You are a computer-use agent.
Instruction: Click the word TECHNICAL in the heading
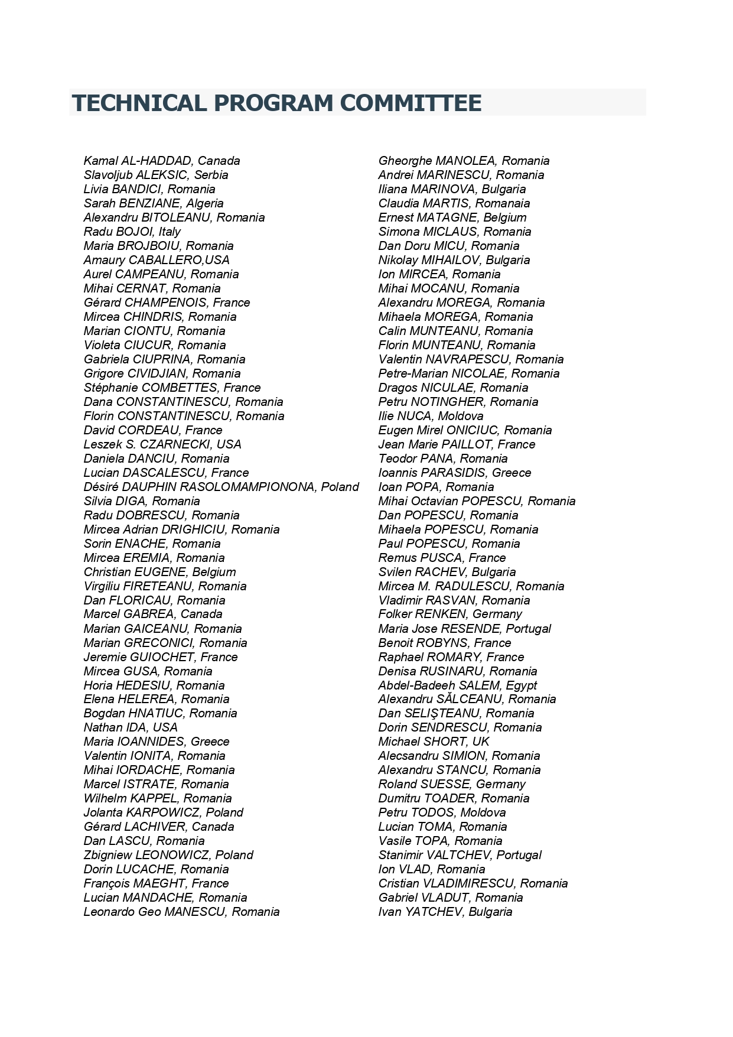(138, 103)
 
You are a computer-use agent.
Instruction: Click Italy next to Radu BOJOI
(169, 232)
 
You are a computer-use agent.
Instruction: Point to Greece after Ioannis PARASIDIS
(512, 473)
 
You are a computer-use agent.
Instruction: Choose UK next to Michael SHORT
(481, 742)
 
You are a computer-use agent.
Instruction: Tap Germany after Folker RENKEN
(497, 614)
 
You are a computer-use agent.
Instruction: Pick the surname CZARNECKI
(175, 444)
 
